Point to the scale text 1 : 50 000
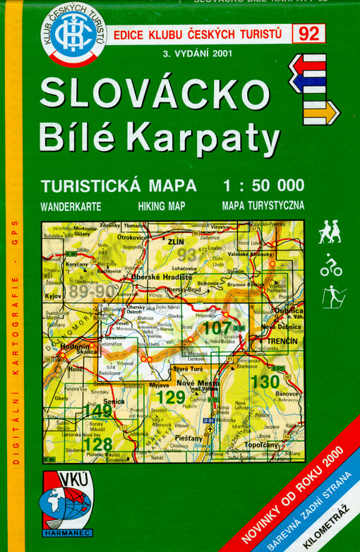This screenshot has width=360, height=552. (x=263, y=186)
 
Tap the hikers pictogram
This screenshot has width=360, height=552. (x=329, y=232)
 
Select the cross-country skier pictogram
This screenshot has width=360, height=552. (x=332, y=296)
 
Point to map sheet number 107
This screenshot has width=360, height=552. (x=216, y=328)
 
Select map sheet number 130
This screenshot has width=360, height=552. (x=265, y=382)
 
